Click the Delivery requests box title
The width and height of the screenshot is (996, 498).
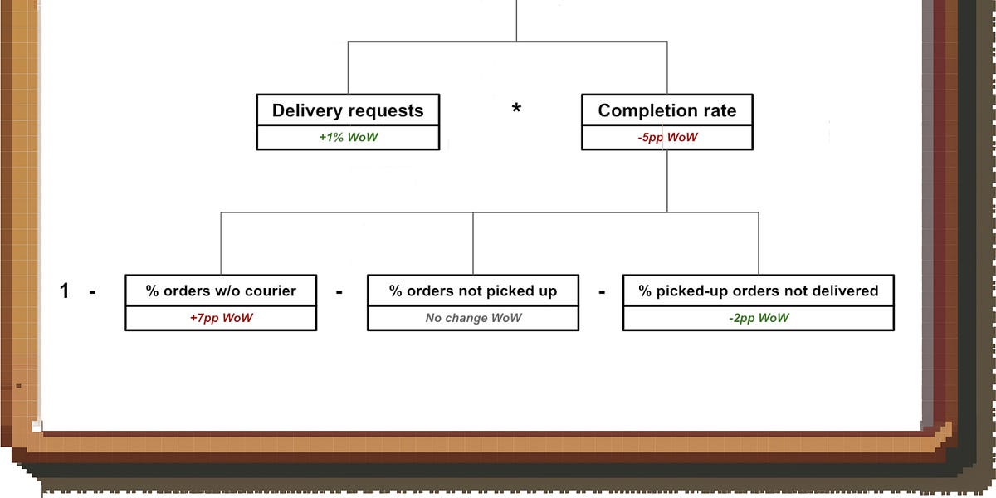pos(348,110)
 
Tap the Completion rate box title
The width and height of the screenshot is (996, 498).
pos(666,110)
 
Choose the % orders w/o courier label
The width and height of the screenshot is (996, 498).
pos(221,290)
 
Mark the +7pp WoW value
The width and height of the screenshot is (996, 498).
pos(221,318)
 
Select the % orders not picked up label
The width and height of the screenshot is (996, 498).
pos(473,290)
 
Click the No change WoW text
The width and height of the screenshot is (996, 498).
pos(473,318)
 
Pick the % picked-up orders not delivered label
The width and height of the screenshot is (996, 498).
pos(758,290)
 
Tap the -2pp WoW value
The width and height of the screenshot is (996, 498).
pos(759,318)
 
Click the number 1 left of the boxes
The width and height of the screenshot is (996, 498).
pos(65,291)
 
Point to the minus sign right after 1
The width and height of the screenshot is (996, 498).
pos(92,291)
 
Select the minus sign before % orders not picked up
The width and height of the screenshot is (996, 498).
pos(339,291)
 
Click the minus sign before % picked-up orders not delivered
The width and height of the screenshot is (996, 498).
pos(602,291)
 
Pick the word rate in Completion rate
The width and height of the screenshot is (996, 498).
pos(718,110)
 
